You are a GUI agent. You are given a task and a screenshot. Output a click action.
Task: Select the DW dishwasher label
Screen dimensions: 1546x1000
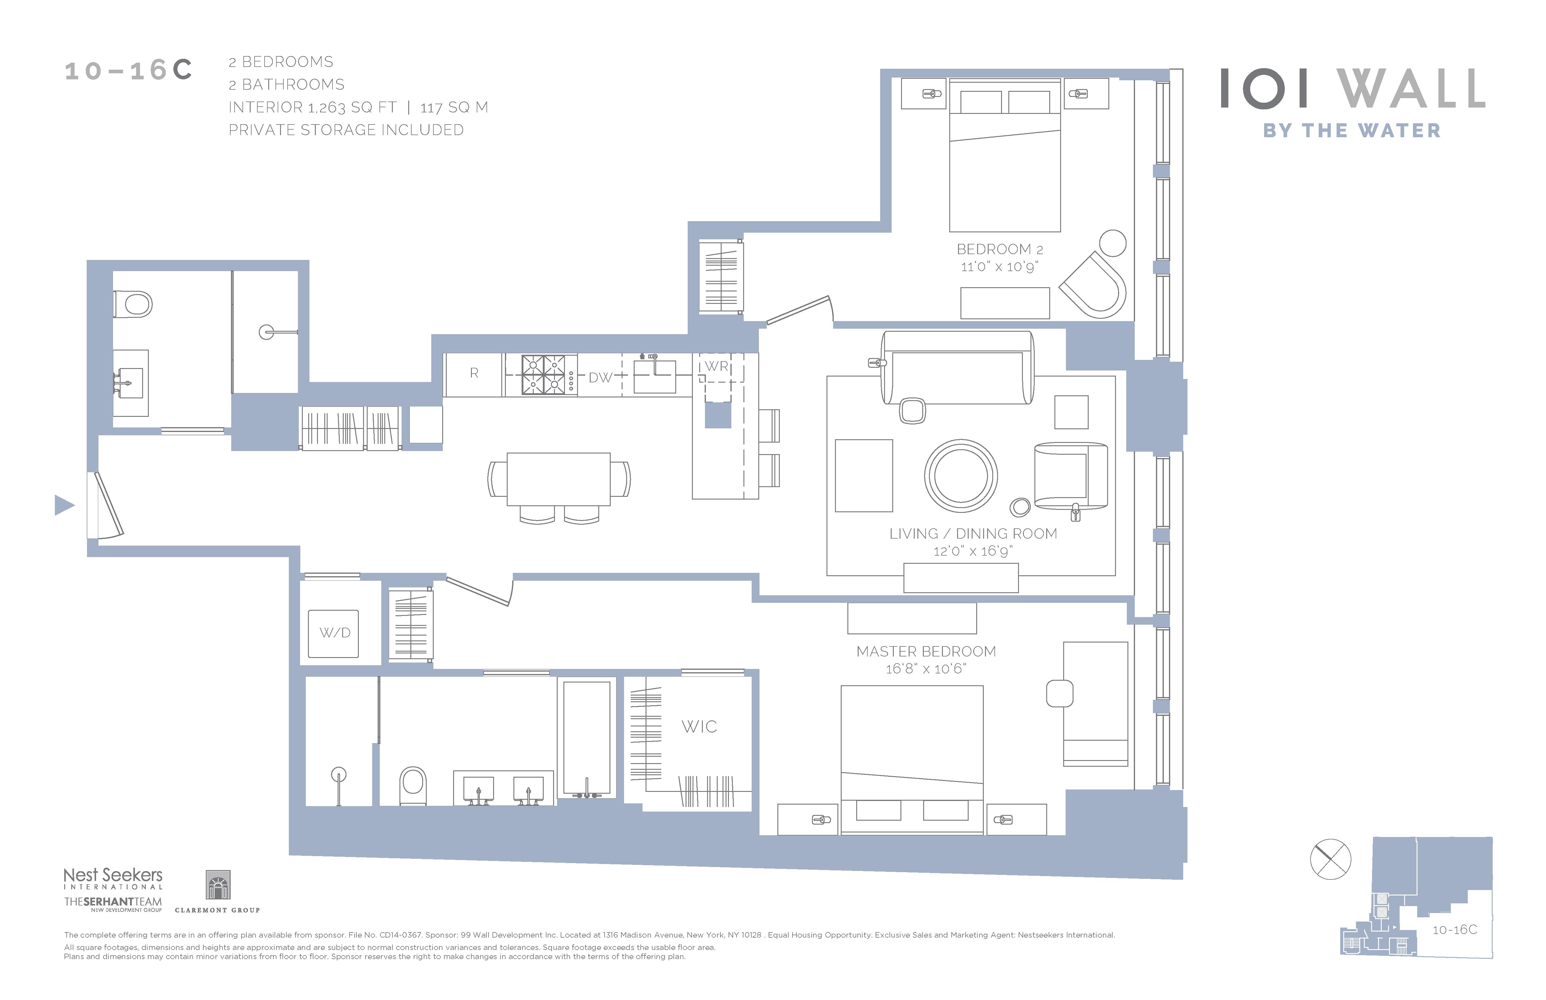click(x=600, y=377)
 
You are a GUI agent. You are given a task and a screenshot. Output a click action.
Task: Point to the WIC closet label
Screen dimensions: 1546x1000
click(x=699, y=727)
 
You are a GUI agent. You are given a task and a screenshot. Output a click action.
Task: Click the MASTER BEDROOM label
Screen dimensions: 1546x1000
click(x=926, y=651)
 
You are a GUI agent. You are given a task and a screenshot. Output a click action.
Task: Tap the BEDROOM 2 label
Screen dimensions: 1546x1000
click(x=1000, y=249)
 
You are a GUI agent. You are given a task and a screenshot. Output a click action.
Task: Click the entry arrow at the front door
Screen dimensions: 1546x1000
click(x=64, y=505)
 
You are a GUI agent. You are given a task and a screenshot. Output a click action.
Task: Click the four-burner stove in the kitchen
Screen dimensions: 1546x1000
click(x=540, y=375)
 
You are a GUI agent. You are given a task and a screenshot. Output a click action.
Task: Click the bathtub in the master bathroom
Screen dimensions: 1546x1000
click(x=586, y=738)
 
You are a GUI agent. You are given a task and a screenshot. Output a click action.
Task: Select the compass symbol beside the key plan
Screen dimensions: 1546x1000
click(x=1330, y=859)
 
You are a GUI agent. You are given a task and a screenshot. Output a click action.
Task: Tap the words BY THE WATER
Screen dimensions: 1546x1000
click(x=1352, y=131)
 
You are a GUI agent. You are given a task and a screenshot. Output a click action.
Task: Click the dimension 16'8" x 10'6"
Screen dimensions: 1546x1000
click(x=926, y=669)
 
